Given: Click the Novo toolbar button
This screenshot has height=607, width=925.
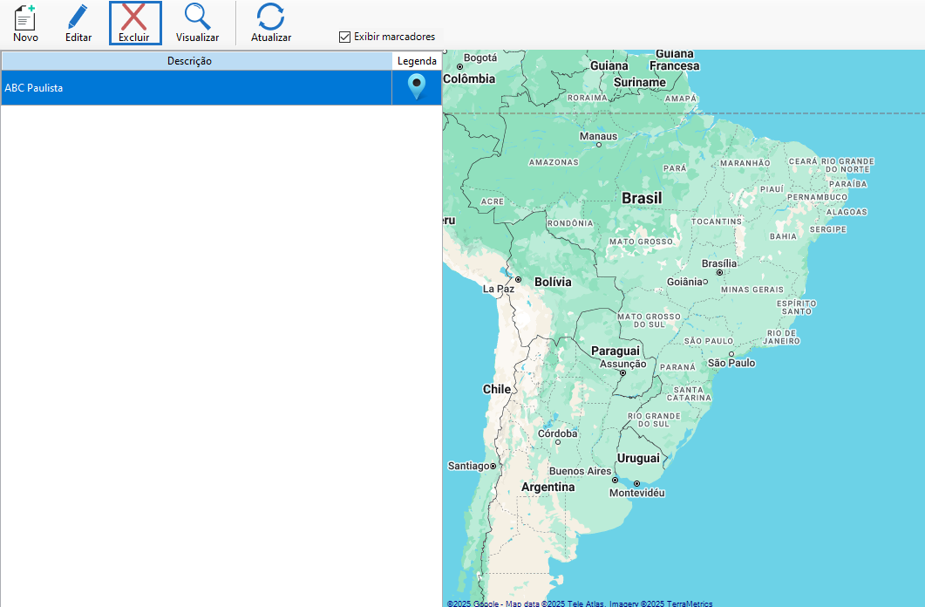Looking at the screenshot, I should click(x=25, y=24).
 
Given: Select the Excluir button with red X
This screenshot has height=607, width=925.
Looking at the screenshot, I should click(x=134, y=24).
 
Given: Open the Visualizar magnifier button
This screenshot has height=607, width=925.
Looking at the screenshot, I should click(x=197, y=24).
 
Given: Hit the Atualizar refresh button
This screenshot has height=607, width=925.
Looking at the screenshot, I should click(x=270, y=24).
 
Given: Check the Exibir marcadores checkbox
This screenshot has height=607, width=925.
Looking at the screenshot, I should click(x=345, y=37).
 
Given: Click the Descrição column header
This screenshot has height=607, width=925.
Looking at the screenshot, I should click(x=189, y=61).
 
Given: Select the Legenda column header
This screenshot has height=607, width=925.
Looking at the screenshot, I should click(x=417, y=61).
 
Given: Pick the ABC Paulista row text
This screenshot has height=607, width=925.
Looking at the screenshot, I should click(x=34, y=88).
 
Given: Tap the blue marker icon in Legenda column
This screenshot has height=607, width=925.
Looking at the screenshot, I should click(x=417, y=87).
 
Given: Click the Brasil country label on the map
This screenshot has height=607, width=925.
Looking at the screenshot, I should click(x=642, y=199).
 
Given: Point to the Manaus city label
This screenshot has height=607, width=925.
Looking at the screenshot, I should click(x=598, y=136).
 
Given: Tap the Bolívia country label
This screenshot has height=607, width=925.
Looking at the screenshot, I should click(x=553, y=282).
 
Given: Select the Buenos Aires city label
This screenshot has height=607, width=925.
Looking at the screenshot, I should click(x=580, y=471).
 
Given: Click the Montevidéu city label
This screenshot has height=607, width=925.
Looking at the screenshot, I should click(x=636, y=493).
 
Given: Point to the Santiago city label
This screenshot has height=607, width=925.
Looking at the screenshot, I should click(x=469, y=466).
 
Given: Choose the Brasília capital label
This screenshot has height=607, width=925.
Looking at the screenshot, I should click(x=719, y=263).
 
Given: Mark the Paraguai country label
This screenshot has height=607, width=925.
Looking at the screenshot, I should click(x=616, y=351).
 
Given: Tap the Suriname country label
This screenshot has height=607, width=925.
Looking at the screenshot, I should click(x=640, y=83).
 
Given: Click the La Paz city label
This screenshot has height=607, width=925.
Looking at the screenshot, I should click(x=499, y=289).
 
